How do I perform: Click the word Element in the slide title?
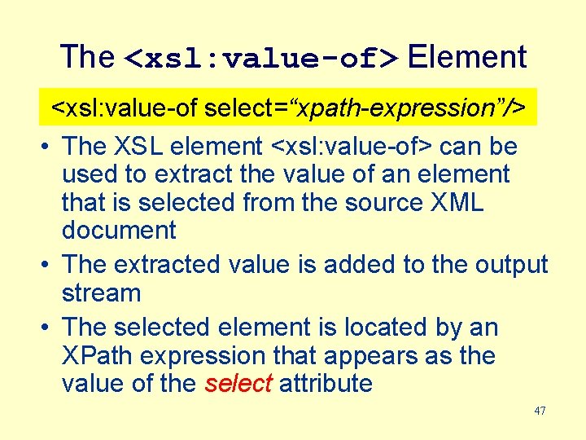pos(466,57)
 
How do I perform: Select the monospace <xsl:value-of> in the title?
pos(260,59)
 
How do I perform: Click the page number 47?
pos(540,411)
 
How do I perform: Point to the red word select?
pos(238,384)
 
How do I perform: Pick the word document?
pos(119,231)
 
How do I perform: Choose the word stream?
pos(102,293)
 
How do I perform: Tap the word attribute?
pos(326,384)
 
